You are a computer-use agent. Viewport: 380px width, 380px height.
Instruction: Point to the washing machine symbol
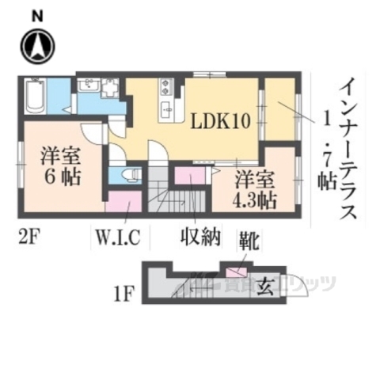point(111,86)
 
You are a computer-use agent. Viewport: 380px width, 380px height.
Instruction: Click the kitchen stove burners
point(166,85)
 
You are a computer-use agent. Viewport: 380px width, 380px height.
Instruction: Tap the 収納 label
point(197,236)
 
